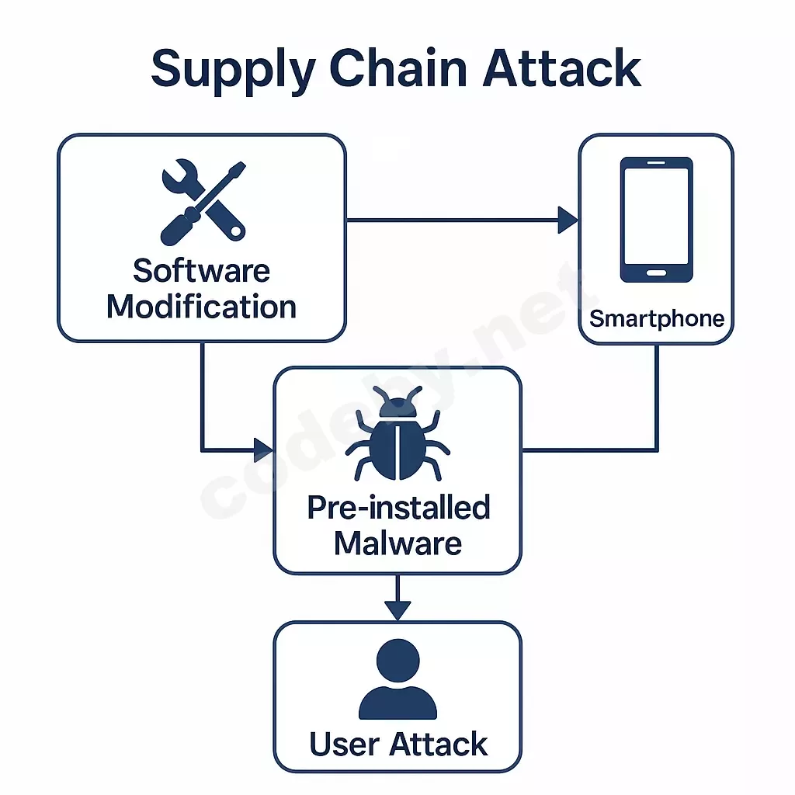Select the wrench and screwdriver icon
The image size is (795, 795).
203,201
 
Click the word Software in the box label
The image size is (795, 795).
201,271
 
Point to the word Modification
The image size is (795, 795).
201,307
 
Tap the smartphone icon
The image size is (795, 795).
656,220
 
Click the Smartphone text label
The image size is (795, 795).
657,318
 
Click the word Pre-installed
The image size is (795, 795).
398,508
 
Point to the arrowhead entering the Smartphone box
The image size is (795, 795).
568,220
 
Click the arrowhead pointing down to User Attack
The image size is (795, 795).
397,610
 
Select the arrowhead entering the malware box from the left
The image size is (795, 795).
264,449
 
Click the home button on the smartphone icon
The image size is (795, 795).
656,273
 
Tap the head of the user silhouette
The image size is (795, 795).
397,661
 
